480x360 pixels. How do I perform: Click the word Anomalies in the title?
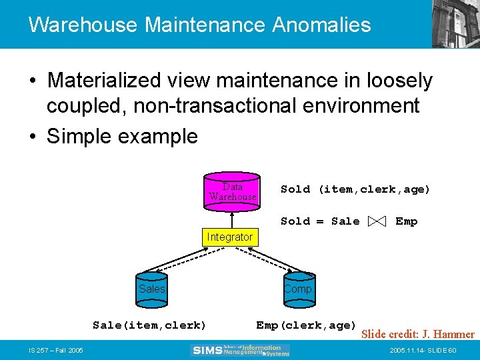(x=321, y=25)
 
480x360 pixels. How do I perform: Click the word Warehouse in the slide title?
(x=83, y=25)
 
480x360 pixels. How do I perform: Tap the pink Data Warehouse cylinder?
(x=232, y=193)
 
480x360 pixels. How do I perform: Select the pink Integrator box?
(x=229, y=237)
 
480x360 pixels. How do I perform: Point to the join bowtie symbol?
(x=377, y=221)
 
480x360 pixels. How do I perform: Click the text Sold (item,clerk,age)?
(x=355, y=189)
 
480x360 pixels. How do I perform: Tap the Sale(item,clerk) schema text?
(x=149, y=325)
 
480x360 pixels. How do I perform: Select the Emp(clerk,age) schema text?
(x=306, y=325)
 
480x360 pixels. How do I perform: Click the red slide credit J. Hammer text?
(x=417, y=334)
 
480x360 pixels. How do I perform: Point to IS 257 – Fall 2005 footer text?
(x=55, y=350)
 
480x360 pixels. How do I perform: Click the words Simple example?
(x=122, y=136)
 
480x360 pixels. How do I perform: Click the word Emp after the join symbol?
(x=406, y=221)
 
